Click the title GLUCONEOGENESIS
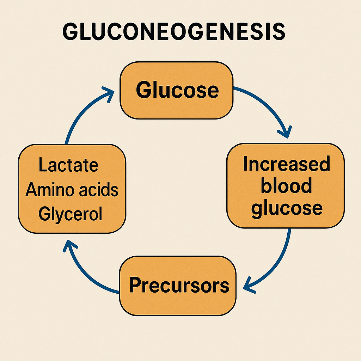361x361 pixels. [174, 32]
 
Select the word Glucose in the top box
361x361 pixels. [177, 90]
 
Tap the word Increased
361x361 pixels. [287, 164]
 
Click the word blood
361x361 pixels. [286, 185]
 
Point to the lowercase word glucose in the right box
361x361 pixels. [287, 209]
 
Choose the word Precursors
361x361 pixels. [179, 285]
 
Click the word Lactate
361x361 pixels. [68, 165]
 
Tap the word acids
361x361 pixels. [99, 189]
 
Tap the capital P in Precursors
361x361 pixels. [135, 284]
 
